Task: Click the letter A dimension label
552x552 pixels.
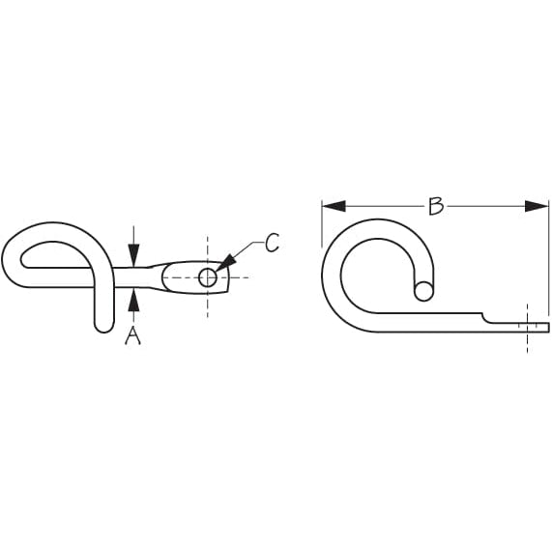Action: pos(133,336)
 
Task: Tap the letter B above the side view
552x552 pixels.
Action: pos(436,206)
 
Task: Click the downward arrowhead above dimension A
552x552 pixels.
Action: pos(133,255)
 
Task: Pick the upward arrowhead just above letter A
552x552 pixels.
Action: pos(133,299)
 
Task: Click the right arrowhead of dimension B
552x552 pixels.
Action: pos(537,206)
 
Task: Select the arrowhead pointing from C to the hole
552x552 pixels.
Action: pos(225,262)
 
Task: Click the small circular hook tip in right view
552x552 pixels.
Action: pos(422,290)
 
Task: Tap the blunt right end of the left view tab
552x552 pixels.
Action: pos(230,279)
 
